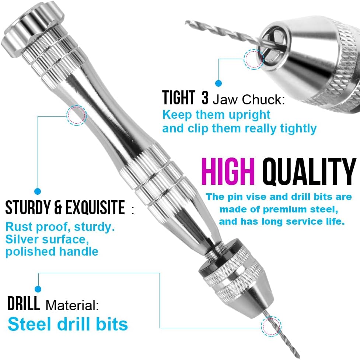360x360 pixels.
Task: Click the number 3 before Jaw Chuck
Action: tap(205, 98)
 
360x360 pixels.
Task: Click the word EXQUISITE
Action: tap(95, 208)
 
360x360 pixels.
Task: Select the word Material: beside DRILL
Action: tap(72, 305)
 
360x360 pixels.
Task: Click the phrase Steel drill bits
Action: tap(68, 324)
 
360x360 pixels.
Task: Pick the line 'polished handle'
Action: tap(52, 252)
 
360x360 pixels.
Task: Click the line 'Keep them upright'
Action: tap(217, 114)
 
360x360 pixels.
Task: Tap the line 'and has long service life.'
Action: tap(282, 222)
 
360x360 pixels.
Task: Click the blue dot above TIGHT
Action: tap(219, 83)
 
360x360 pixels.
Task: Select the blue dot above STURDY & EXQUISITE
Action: tap(37, 191)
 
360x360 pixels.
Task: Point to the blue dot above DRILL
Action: tap(38, 289)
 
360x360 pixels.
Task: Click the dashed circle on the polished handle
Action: tap(76, 115)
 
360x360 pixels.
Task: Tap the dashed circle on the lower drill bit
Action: tap(271, 326)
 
